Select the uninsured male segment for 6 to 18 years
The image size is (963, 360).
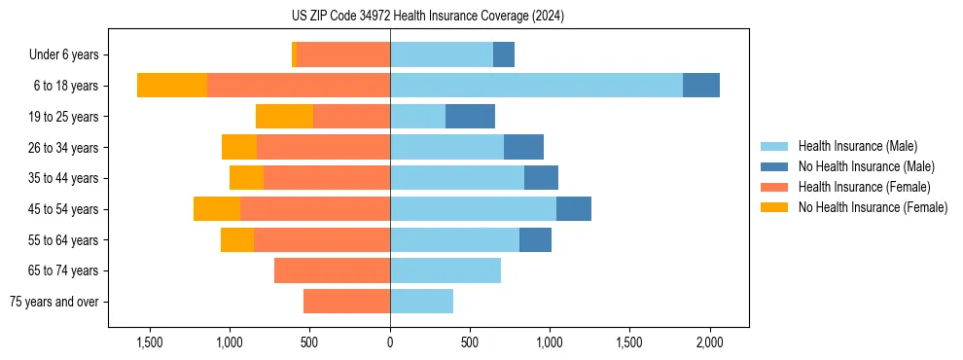pyautogui.click(x=700, y=86)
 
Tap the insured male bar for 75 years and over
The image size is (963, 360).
pyautogui.click(x=421, y=302)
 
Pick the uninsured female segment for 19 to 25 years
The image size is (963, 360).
pyautogui.click(x=284, y=117)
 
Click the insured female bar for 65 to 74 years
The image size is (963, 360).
pyautogui.click(x=332, y=270)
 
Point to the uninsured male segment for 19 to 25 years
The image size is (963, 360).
pyautogui.click(x=470, y=117)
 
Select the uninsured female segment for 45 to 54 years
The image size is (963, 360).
pyautogui.click(x=217, y=209)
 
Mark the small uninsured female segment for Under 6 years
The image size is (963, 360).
pyautogui.click(x=294, y=55)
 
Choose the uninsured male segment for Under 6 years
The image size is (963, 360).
pyautogui.click(x=503, y=55)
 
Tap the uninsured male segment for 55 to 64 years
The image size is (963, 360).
pyautogui.click(x=535, y=240)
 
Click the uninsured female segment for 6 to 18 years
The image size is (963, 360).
pyautogui.click(x=172, y=86)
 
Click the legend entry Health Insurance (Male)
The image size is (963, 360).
pyautogui.click(x=857, y=147)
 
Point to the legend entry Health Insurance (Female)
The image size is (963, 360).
pyautogui.click(x=864, y=187)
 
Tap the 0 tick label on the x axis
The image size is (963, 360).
pyautogui.click(x=390, y=342)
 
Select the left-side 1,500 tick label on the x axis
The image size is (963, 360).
pyautogui.click(x=149, y=342)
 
